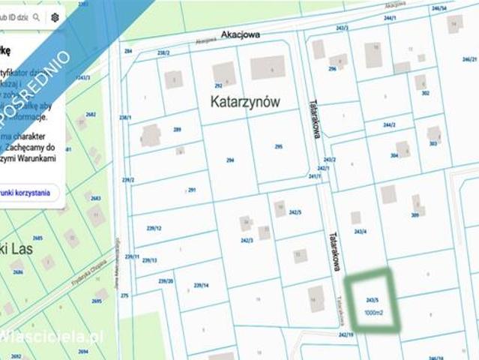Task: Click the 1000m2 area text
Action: click(374, 312)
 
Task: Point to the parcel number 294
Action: click(230, 160)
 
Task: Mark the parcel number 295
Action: click(278, 147)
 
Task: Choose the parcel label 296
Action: click(331, 69)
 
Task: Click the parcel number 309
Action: click(415, 216)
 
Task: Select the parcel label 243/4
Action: click(360, 232)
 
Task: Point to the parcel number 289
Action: click(178, 130)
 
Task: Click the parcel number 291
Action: click(191, 190)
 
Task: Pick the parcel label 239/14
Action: click(201, 286)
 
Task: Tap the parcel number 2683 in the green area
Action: click(95, 198)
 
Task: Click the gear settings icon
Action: click(55, 16)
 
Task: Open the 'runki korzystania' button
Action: click(27, 193)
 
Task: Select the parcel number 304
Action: click(394, 156)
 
